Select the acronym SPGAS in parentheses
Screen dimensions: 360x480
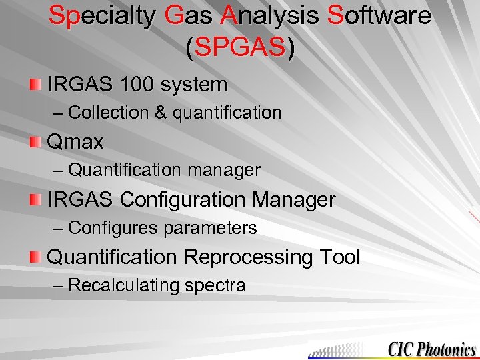[x=240, y=47]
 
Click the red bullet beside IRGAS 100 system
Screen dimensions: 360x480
[x=35, y=85]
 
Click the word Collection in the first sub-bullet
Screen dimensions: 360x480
[x=108, y=113]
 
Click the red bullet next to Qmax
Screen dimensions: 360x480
[x=35, y=142]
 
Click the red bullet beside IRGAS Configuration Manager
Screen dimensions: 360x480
[x=35, y=199]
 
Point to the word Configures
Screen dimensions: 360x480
[x=113, y=229]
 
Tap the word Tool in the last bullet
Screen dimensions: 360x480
[x=340, y=257]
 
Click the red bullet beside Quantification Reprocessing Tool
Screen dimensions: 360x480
[x=35, y=257]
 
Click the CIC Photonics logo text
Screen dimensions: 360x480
[x=431, y=349]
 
